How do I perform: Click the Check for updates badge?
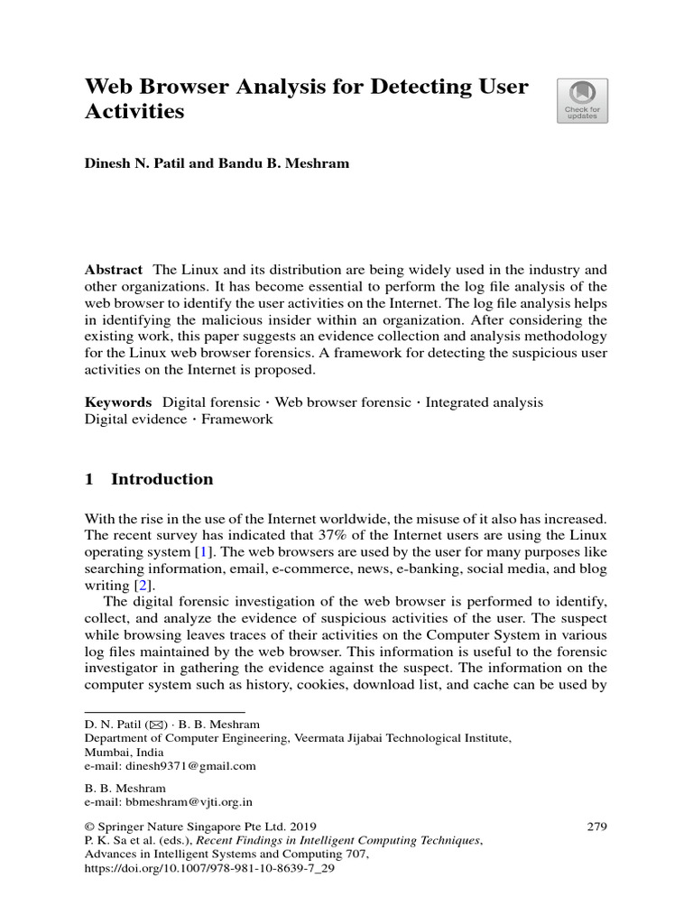[x=582, y=100]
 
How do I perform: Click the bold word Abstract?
[x=114, y=270]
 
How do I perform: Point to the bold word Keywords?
[x=118, y=402]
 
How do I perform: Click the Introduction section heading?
[x=162, y=479]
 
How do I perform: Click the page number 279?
[x=596, y=826]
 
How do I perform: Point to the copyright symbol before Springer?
[x=89, y=826]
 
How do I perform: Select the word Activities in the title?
[x=134, y=112]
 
